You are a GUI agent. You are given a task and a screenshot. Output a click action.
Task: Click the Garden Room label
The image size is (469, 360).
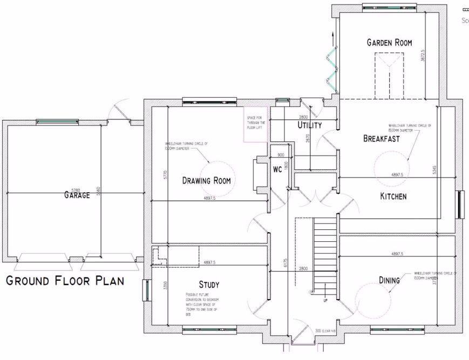389,43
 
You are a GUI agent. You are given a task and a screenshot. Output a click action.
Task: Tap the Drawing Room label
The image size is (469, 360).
206,180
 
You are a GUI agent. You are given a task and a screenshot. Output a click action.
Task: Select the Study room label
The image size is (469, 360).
209,284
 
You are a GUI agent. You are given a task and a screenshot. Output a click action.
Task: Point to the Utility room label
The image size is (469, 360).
310,125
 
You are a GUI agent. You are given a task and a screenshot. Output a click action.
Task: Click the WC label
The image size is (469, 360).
277,169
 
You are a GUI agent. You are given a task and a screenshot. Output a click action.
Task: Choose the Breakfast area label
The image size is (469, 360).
381,139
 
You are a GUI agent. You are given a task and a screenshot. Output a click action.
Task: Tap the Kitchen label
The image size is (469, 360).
393,196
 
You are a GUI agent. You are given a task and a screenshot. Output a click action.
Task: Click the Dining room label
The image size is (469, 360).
389,280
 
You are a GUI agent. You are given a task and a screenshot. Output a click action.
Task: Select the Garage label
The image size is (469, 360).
77,195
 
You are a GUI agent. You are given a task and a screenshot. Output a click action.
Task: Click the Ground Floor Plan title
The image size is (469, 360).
65,281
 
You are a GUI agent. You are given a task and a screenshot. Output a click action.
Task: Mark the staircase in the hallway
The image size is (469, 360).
325,254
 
